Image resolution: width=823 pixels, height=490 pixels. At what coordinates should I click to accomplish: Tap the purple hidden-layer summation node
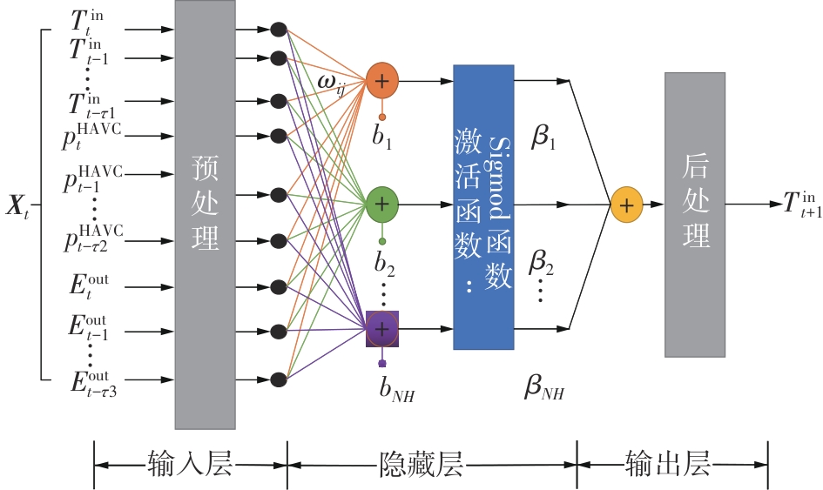click(381, 328)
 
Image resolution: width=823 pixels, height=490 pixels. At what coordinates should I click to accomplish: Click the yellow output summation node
click(627, 205)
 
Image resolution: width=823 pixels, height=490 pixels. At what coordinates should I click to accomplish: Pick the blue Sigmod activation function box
click(483, 206)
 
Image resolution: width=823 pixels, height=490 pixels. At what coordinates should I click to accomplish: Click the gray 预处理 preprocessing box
click(205, 214)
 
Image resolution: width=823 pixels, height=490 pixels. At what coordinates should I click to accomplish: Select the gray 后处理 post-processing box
click(695, 214)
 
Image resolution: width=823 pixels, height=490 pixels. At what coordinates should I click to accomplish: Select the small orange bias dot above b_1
click(381, 116)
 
